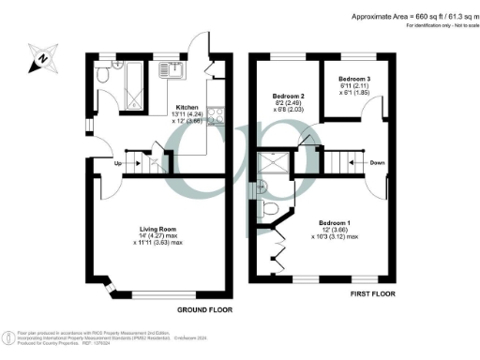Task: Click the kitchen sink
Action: tap(172, 68)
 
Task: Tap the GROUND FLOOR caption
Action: tap(204, 309)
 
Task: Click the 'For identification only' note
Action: tap(423, 26)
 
